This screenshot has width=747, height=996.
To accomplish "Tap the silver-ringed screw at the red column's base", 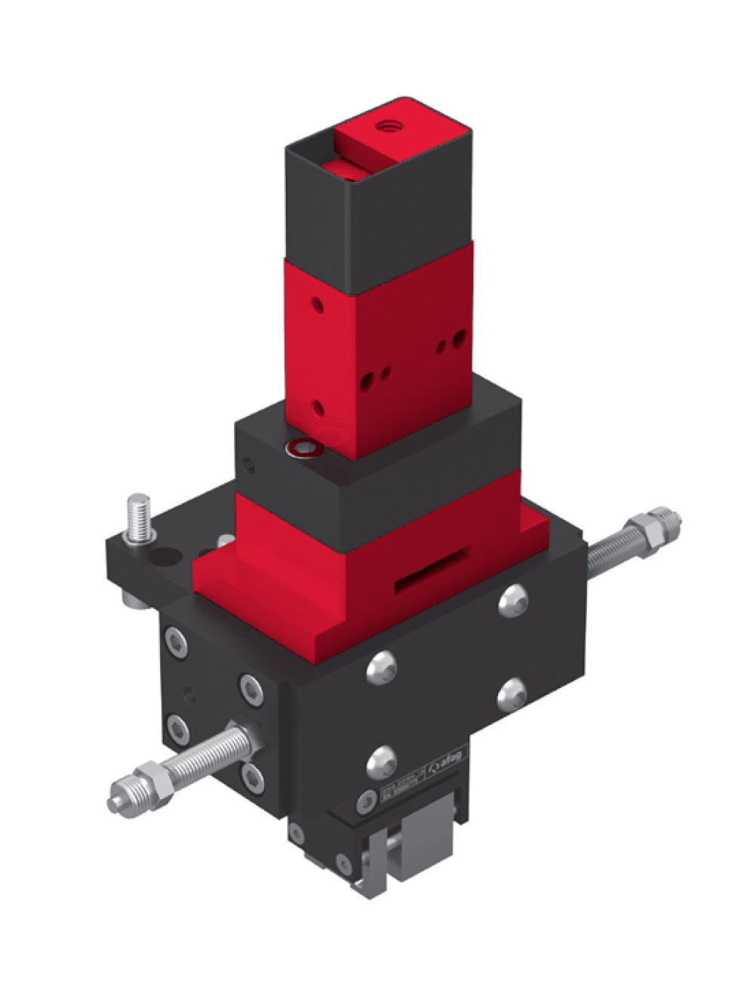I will click(x=303, y=450).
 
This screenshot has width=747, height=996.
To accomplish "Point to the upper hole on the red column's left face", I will click(x=317, y=306).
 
